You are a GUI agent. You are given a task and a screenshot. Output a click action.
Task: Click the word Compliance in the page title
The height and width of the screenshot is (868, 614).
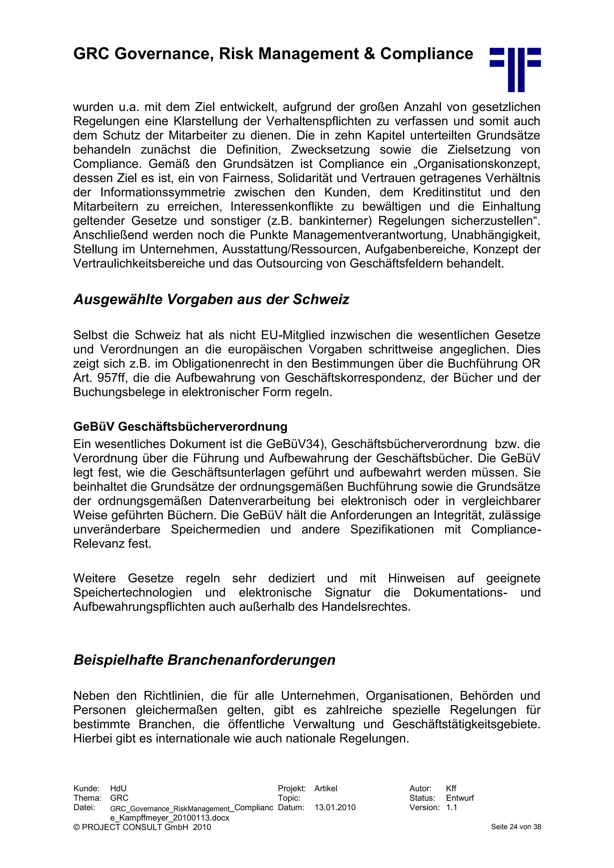pyautogui.click(x=427, y=54)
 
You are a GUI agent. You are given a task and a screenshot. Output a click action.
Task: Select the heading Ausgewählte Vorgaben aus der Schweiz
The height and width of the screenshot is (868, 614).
pyautogui.click(x=211, y=299)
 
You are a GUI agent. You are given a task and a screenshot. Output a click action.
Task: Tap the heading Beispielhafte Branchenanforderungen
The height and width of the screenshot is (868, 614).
pyautogui.click(x=204, y=660)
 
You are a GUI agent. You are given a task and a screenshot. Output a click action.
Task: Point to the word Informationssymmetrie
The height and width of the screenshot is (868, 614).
pyautogui.click(x=162, y=192)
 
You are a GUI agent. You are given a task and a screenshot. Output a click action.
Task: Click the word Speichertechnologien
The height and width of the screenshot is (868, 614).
pyautogui.click(x=132, y=592)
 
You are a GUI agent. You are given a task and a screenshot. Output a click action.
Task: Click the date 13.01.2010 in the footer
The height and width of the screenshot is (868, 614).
pyautogui.click(x=335, y=807)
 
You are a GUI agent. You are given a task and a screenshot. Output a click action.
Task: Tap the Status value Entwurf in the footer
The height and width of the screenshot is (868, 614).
pyautogui.click(x=460, y=798)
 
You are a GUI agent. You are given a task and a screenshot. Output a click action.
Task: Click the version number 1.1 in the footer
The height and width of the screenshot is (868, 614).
pyautogui.click(x=452, y=807)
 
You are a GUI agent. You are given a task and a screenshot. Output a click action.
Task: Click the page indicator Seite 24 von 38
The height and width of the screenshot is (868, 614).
pyautogui.click(x=516, y=827)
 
